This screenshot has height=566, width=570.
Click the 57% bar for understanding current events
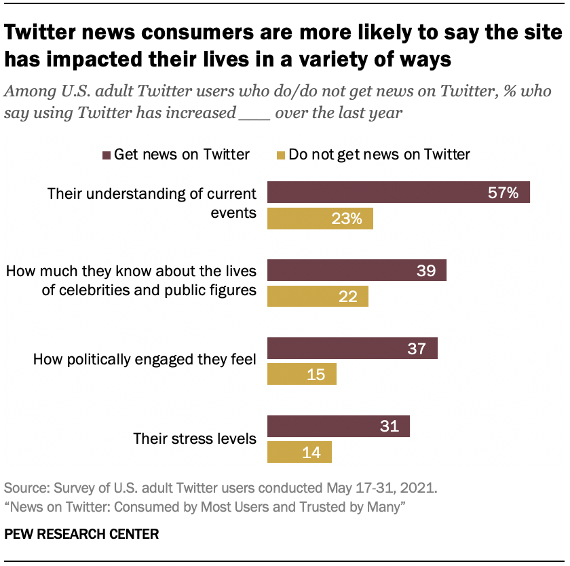point(398,193)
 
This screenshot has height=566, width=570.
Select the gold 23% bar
point(320,219)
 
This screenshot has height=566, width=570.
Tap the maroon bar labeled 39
point(357,271)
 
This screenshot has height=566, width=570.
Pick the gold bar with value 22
point(318,297)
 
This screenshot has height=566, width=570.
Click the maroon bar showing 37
point(352,349)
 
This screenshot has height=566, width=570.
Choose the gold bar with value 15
point(302,374)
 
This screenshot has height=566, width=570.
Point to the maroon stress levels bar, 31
point(339,426)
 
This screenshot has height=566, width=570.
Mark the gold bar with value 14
point(299,452)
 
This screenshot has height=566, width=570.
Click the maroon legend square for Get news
point(106,155)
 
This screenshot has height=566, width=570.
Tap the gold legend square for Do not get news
point(280,155)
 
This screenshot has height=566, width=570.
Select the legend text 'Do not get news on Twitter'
point(379,155)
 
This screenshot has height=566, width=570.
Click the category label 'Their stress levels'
point(195,438)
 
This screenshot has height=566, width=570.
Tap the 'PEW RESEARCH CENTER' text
point(81,534)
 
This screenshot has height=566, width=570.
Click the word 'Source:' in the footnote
point(25,488)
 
